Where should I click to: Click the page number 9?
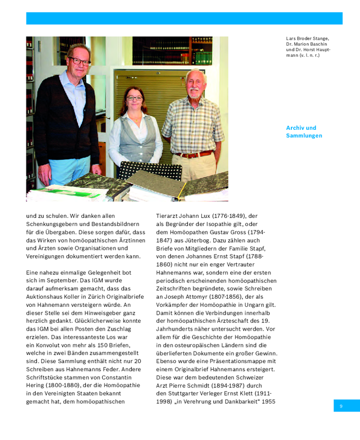click(341, 406)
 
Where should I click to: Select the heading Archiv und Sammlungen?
click(304, 131)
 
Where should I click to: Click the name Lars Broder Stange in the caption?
click(307, 38)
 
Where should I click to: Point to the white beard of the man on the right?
click(195, 92)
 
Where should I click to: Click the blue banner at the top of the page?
click(184, 18)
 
